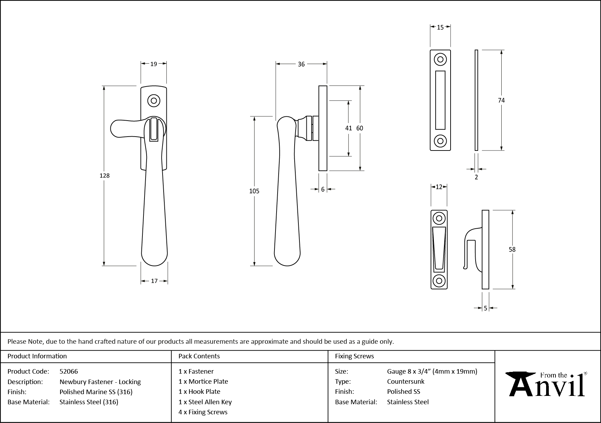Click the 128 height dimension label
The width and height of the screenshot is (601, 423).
point(105,176)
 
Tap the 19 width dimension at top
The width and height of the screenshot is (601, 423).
point(154,64)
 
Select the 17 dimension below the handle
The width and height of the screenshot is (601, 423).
point(154,281)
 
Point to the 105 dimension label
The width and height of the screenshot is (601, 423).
point(254,191)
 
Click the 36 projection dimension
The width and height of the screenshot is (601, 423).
point(301,64)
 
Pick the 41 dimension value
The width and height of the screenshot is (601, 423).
point(348,128)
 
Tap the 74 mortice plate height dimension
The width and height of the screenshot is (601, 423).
point(501,100)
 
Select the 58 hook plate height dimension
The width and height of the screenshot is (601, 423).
point(512,249)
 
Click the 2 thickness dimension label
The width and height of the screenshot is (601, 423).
point(476,177)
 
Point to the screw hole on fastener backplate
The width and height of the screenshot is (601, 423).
point(154,101)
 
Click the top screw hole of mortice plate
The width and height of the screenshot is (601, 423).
point(440,59)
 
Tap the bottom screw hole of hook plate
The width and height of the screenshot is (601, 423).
point(439,280)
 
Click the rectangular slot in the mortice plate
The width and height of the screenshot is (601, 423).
point(440,100)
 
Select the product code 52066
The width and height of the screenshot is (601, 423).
point(69,371)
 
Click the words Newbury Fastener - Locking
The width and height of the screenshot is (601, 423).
point(100,382)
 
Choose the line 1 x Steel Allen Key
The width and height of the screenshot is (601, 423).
point(205,402)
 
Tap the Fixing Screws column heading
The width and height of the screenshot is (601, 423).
point(354,356)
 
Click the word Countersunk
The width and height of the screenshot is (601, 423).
point(405,381)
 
